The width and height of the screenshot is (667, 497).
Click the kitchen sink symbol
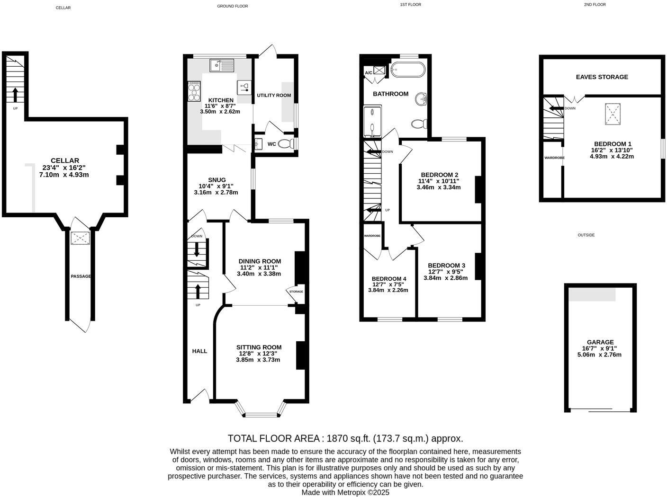tap(222, 65)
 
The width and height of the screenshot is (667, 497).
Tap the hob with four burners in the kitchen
tap(194, 91)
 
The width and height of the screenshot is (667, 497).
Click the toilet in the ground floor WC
tap(286, 144)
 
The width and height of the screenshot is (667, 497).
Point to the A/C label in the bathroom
tap(368, 73)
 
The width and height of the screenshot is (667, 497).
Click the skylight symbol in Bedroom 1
tap(612, 114)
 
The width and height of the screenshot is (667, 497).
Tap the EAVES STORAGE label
tap(602, 77)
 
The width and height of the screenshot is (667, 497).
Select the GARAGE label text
tap(600, 342)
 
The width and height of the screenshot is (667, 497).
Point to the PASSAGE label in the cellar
tap(81, 276)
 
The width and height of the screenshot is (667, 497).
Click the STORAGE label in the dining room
tap(296, 292)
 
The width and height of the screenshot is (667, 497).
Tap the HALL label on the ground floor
tap(199, 351)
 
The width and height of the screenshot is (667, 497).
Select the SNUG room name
tap(216, 180)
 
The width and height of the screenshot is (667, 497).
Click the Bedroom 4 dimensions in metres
tap(388, 290)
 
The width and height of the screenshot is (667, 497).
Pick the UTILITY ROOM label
tap(274, 95)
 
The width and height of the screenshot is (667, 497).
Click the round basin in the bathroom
tap(421, 99)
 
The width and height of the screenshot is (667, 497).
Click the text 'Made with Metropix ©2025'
tap(345, 492)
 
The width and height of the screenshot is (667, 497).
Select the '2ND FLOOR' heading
tap(595, 5)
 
